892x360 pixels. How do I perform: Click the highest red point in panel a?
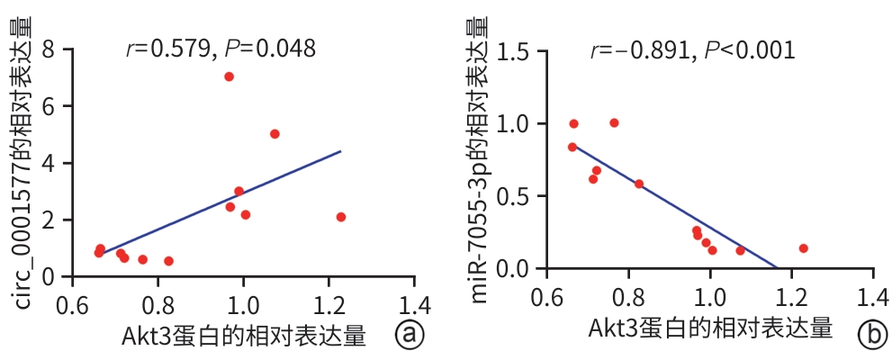point(229,76)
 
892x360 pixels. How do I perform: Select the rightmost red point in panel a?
point(341,217)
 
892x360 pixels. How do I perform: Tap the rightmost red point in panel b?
point(803,248)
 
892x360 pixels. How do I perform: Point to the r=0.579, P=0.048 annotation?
point(221,49)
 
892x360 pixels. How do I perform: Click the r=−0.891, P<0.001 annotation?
point(692,50)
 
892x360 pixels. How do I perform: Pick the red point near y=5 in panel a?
point(275,134)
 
